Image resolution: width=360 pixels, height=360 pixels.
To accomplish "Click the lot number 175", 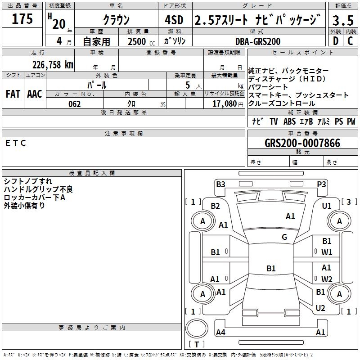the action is [x=22, y=19].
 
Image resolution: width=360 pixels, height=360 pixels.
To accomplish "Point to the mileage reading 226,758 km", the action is [x=52, y=64].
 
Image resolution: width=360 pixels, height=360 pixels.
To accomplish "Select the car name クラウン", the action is [x=116, y=20].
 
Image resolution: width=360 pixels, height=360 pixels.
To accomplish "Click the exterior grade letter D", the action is [x=335, y=41].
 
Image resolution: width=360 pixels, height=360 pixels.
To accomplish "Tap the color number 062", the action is [x=75, y=104].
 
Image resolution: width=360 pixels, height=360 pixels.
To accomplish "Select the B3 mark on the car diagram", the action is [x=220, y=184].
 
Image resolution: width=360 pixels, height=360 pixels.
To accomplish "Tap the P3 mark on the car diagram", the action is [x=321, y=184].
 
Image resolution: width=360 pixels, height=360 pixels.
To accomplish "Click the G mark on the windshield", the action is [x=284, y=237].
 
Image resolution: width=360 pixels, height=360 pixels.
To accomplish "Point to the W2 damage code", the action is [x=327, y=279].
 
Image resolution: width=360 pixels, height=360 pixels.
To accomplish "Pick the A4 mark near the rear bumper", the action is [x=220, y=333].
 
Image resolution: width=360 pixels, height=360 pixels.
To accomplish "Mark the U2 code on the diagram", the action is [x=320, y=308].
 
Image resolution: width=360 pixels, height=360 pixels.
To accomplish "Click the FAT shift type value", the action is [x=13, y=94].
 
